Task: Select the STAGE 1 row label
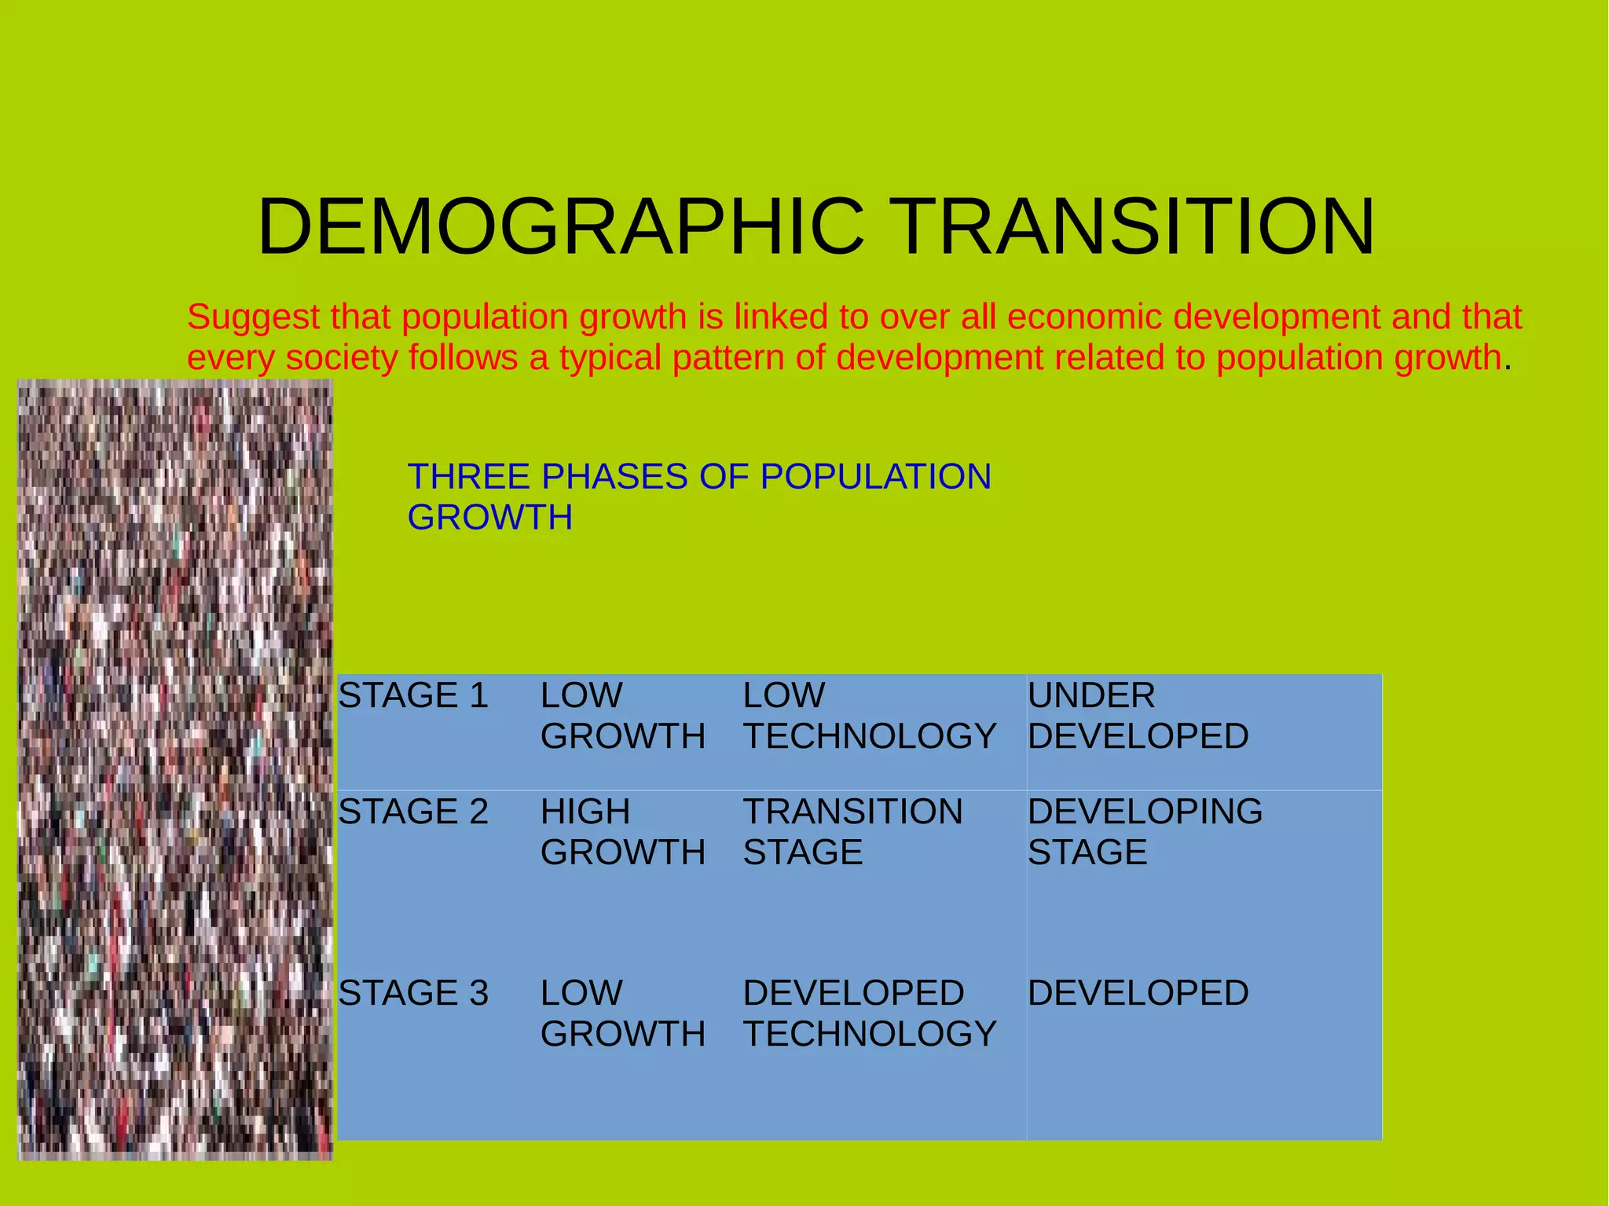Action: pos(413,696)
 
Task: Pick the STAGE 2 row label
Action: pos(413,812)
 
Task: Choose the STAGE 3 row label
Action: pos(413,993)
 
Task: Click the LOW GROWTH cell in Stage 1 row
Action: pos(622,716)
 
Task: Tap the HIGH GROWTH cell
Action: pos(622,831)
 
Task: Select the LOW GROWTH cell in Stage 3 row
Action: pos(622,1014)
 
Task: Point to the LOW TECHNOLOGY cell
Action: pos(869,716)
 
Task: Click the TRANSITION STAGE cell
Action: pos(852,831)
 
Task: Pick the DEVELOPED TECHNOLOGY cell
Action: pos(869,1014)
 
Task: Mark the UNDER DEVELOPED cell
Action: pos(1138,716)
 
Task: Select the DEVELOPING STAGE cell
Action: pos(1145,831)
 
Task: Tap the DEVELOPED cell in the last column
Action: pos(1138,993)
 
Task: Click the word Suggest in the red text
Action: pos(254,317)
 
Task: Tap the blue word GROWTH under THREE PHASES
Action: pos(489,518)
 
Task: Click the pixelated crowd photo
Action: pos(174,770)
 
